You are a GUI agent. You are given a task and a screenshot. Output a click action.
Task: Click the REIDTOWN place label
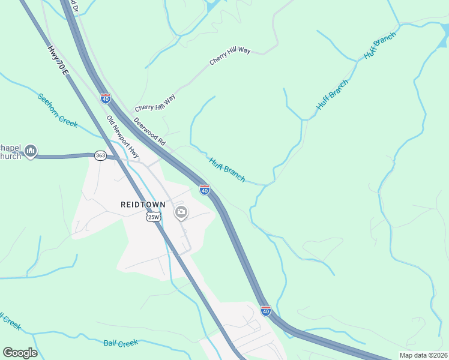[143, 205]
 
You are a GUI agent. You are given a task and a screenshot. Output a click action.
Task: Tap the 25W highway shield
[153, 217]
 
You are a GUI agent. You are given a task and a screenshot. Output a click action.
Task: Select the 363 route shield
[100, 155]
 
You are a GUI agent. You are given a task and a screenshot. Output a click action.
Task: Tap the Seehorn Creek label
[58, 110]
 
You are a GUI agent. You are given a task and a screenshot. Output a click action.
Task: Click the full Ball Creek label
[121, 343]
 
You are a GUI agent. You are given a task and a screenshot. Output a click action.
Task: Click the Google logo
[20, 353]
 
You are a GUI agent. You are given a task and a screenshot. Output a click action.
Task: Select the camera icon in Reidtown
[181, 212]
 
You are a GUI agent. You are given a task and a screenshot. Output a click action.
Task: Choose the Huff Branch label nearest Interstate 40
[227, 169]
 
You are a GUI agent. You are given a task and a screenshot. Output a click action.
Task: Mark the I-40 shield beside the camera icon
[205, 190]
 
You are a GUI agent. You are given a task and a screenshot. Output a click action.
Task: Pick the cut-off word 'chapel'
[10, 148]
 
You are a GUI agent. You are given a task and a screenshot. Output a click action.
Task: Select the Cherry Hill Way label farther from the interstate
[230, 56]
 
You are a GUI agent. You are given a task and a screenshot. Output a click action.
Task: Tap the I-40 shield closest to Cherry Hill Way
[105, 98]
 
